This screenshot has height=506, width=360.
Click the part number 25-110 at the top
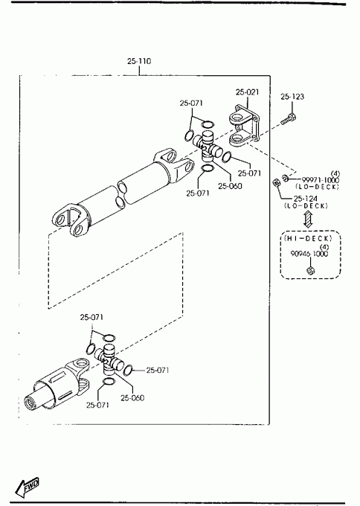[x=139, y=61]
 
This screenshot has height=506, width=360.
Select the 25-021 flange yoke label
[x=247, y=92]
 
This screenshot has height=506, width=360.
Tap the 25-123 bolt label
[x=292, y=97]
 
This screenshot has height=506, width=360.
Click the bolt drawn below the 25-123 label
[x=289, y=119]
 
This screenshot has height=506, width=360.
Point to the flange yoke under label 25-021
[x=243, y=125]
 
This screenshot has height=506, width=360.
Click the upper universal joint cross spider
[x=208, y=146]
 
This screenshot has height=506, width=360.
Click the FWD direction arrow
[x=28, y=486]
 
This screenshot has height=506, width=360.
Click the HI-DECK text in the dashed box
[x=308, y=238]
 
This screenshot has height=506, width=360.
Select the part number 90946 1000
[x=309, y=254]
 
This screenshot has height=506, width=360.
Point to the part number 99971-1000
[x=321, y=180]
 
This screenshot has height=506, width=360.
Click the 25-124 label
[x=306, y=199]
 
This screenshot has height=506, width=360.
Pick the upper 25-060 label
[x=230, y=186]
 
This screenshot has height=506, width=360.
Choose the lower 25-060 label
[x=132, y=398]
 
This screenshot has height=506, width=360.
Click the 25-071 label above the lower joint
[x=92, y=317]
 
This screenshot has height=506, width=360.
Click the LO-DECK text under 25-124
[x=306, y=206]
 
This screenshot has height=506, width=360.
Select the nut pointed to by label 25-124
[x=277, y=182]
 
